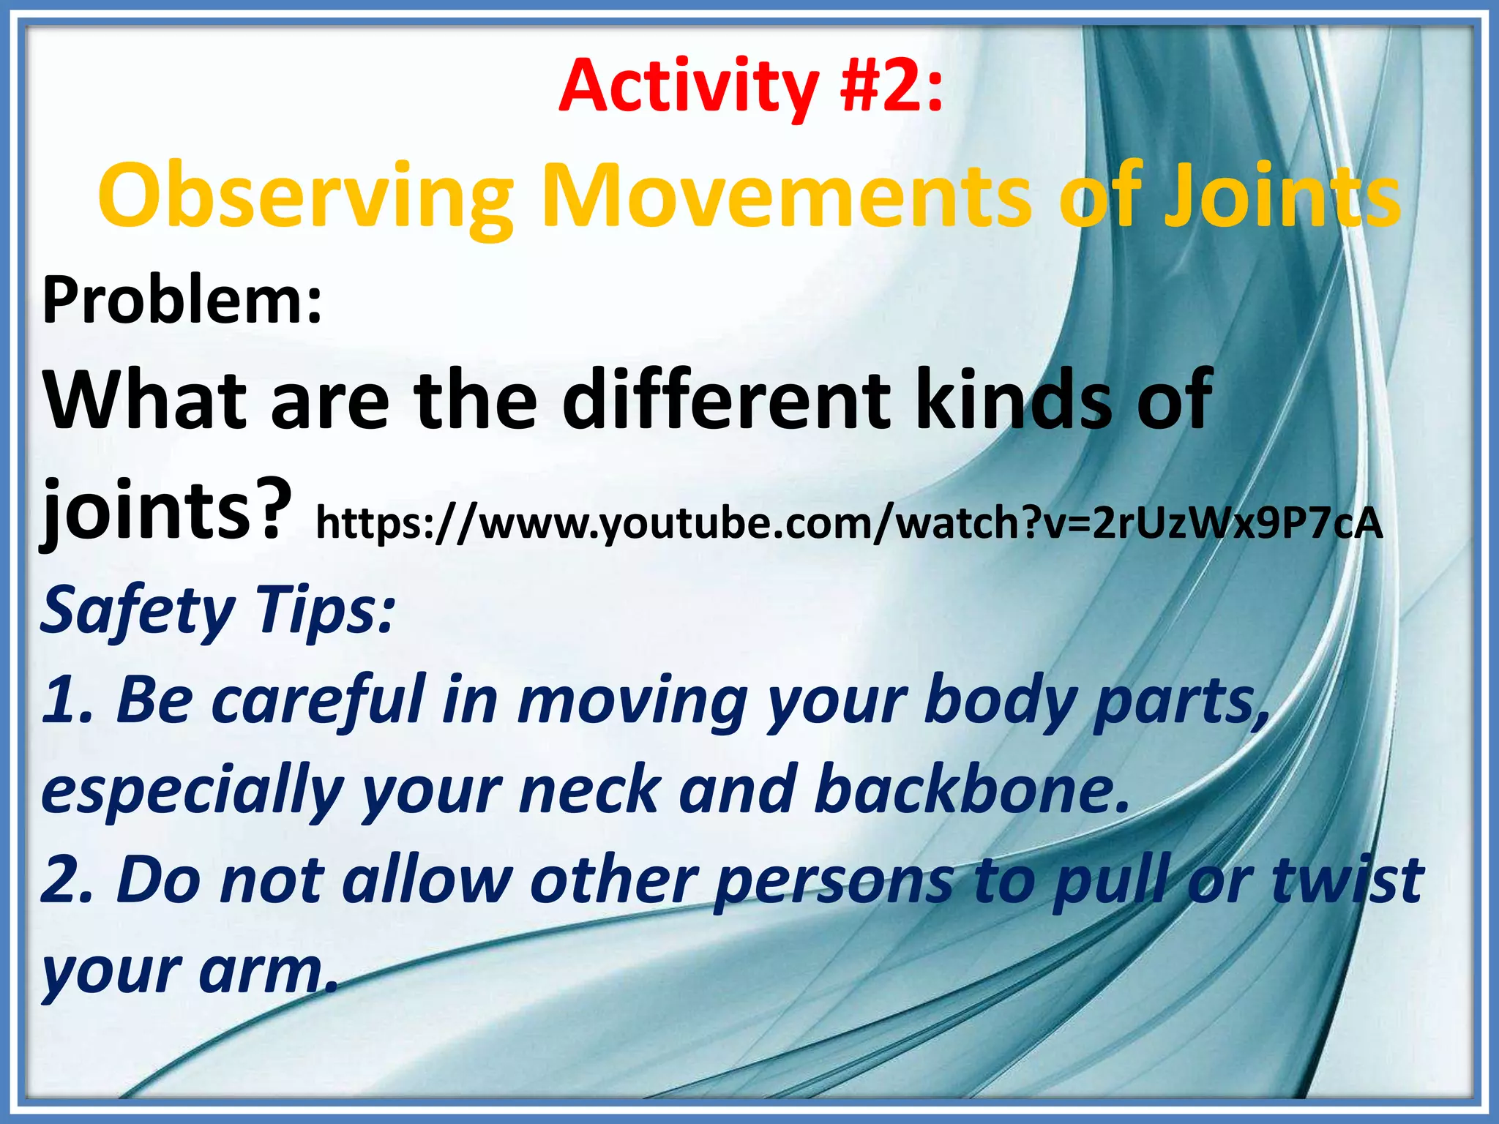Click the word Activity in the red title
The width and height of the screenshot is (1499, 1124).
point(688,88)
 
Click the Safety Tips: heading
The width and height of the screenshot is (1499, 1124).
point(218,611)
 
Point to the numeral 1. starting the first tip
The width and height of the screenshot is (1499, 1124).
point(67,700)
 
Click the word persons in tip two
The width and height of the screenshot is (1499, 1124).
point(834,880)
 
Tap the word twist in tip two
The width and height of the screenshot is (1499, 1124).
point(1347,880)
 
